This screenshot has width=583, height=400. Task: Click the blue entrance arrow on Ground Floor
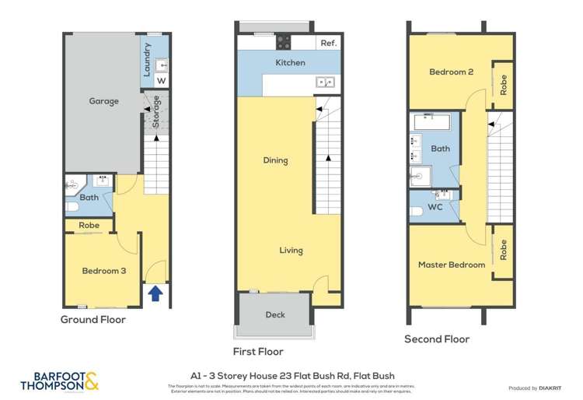[x=155, y=293]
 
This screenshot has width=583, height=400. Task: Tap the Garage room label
[x=103, y=101]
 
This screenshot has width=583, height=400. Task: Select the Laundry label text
[x=147, y=59]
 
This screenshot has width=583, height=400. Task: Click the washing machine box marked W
[x=162, y=80]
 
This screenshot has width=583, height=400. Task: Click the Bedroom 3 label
[x=103, y=271]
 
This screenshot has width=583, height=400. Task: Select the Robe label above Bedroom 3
[x=89, y=226]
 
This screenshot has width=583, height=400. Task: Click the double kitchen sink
[x=325, y=82]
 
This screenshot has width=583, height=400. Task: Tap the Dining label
[x=275, y=160]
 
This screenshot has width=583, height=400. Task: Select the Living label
[x=291, y=251]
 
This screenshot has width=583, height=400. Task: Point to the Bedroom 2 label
[x=452, y=72]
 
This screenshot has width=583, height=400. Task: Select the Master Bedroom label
[x=451, y=265]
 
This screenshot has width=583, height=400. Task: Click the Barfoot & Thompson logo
[x=60, y=381]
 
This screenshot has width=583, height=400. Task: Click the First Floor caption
[x=258, y=352]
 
